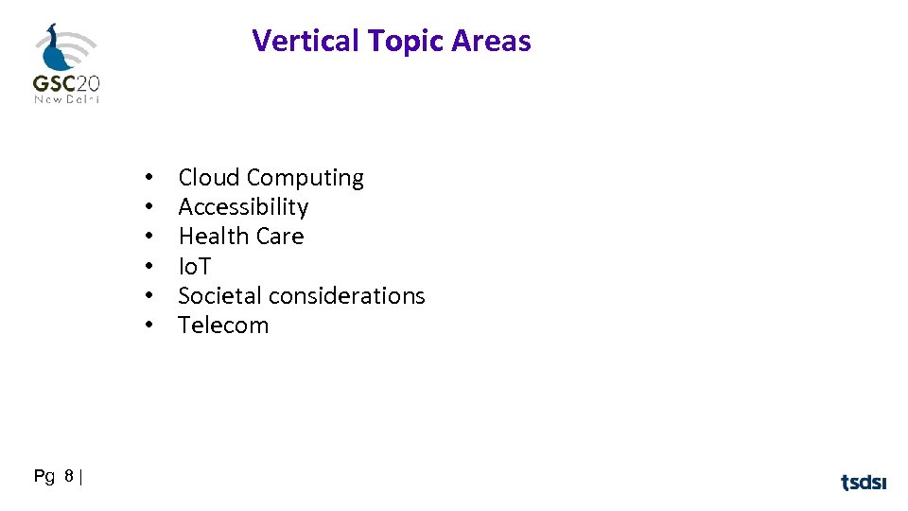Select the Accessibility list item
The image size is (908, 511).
pos(243,207)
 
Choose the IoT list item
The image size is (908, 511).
pos(194,266)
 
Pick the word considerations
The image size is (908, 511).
pos(348,295)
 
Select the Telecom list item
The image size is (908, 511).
pos(223,326)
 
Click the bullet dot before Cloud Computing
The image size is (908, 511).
pos(149,178)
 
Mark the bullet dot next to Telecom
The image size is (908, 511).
pos(149,326)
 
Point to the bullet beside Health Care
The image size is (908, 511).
pos(149,237)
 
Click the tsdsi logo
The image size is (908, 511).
pos(864,483)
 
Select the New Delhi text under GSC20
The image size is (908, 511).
pos(66,99)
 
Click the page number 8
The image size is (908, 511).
pos(70,478)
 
